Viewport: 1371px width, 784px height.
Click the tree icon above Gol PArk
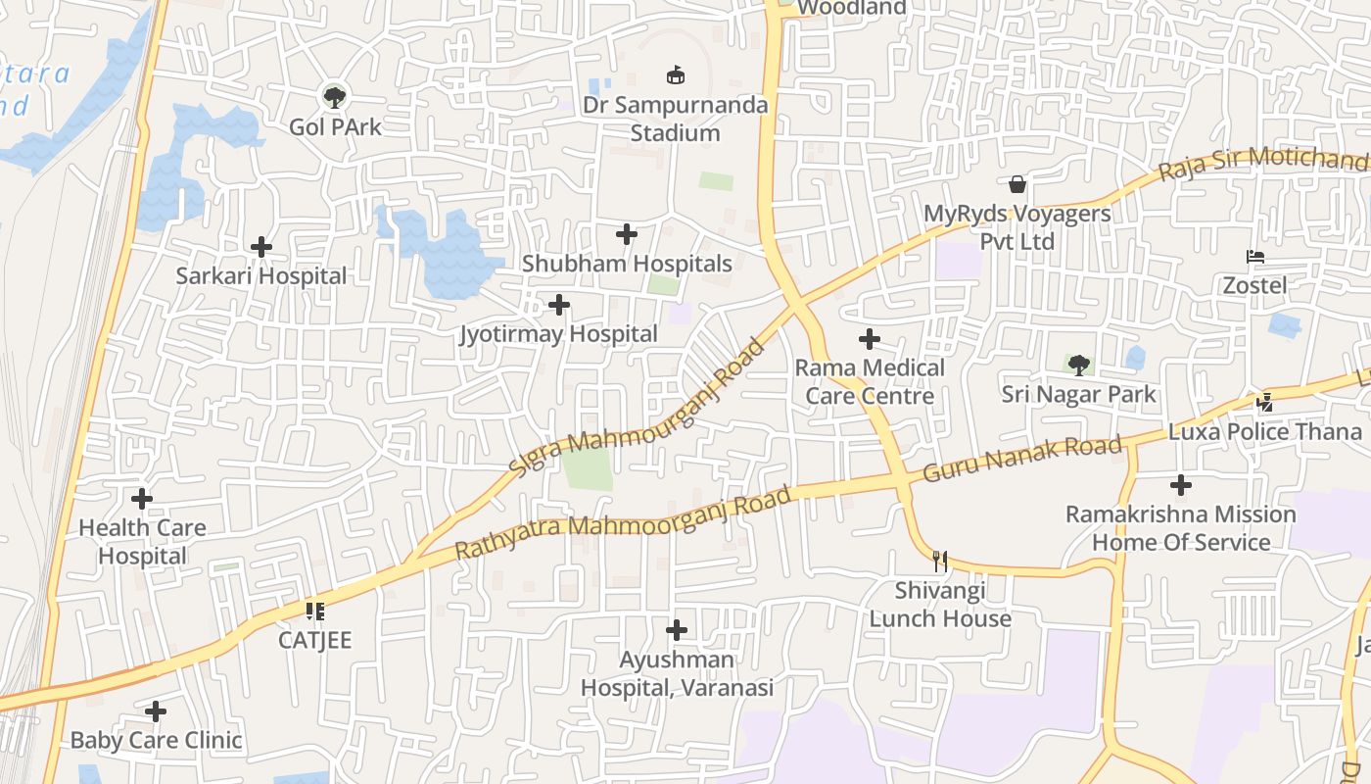(x=335, y=97)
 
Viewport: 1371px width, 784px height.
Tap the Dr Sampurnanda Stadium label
(x=675, y=119)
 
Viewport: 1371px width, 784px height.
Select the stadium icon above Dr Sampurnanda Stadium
(x=675, y=74)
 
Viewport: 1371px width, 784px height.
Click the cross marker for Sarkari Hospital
(x=261, y=247)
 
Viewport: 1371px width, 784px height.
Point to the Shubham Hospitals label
(x=627, y=264)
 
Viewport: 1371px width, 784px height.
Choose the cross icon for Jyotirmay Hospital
(x=559, y=306)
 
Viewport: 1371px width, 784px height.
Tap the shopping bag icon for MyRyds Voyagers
(x=1018, y=184)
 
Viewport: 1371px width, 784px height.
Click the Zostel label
(x=1255, y=285)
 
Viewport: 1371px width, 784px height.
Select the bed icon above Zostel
(x=1255, y=257)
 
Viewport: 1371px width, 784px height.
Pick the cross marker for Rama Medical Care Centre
(x=870, y=340)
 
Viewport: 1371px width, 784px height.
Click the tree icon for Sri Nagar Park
(x=1079, y=366)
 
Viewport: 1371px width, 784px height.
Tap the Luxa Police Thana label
(x=1265, y=431)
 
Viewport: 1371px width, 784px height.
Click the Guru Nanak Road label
(x=1022, y=459)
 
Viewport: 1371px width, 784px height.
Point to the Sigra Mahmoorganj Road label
(x=637, y=409)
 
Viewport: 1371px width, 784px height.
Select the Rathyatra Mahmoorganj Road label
(x=623, y=524)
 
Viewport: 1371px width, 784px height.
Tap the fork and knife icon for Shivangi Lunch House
(x=940, y=562)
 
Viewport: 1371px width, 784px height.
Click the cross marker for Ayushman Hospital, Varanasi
(x=677, y=630)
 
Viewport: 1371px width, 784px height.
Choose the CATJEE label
(x=314, y=640)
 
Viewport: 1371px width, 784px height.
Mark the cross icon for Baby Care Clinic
(x=156, y=711)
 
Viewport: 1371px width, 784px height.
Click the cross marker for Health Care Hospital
(x=142, y=499)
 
